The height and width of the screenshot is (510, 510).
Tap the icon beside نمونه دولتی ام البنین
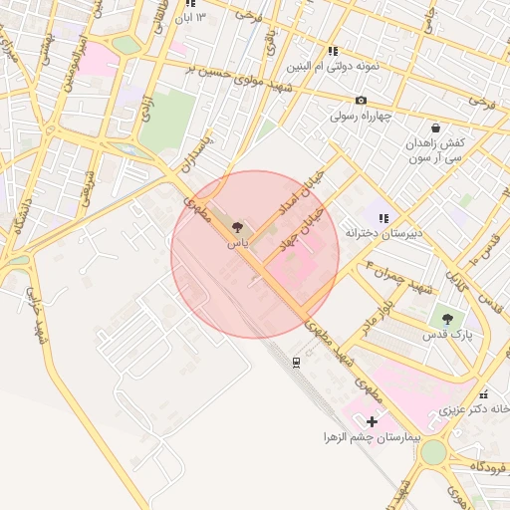(333, 51)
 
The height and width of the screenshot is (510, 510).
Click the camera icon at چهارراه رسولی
(361, 100)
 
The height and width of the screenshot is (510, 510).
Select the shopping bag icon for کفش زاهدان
(435, 127)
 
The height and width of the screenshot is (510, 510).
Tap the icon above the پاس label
(235, 228)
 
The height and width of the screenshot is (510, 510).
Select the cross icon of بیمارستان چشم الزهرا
(373, 422)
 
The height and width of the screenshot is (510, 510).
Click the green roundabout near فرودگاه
(433, 452)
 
